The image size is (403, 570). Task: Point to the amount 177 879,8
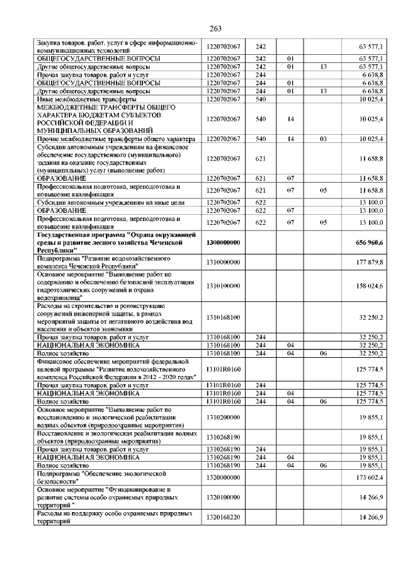pos(372,261)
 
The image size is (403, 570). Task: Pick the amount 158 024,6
pos(372,286)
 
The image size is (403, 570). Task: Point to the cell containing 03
pos(323,138)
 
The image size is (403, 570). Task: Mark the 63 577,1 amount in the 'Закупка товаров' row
pos(372,46)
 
